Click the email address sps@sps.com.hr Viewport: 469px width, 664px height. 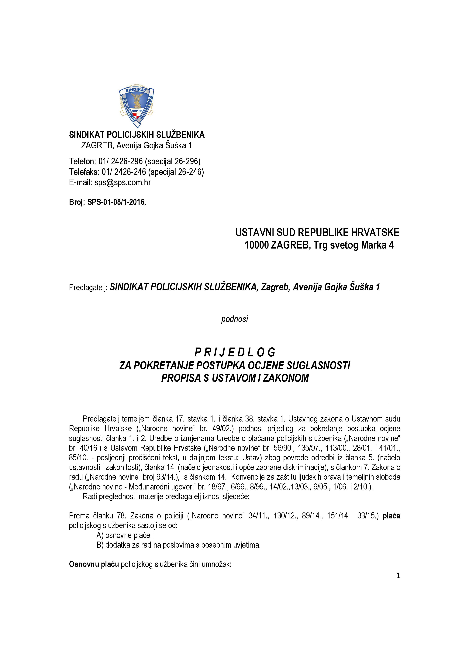(122, 182)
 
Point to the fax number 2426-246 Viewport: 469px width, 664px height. (130, 172)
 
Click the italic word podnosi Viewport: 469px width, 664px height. (234, 319)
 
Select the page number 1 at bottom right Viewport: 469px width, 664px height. (398, 575)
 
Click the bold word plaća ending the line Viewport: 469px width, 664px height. (391, 516)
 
